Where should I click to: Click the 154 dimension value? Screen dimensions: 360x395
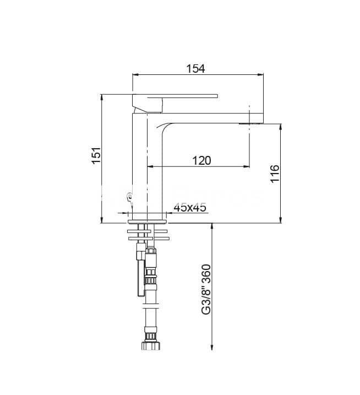pyautogui.click(x=195, y=68)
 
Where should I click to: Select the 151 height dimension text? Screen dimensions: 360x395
pyautogui.click(x=96, y=155)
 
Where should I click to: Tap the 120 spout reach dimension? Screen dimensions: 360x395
pyautogui.click(x=201, y=160)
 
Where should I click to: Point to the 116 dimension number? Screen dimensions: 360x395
pyautogui.click(x=275, y=174)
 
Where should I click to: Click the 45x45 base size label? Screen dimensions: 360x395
pyautogui.click(x=190, y=207)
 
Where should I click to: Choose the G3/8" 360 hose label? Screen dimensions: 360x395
pyautogui.click(x=206, y=289)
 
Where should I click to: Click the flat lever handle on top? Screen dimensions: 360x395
pyautogui.click(x=175, y=96)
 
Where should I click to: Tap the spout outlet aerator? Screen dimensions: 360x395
pyautogui.click(x=251, y=123)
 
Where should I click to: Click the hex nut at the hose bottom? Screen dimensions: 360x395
pyautogui.click(x=150, y=345)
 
